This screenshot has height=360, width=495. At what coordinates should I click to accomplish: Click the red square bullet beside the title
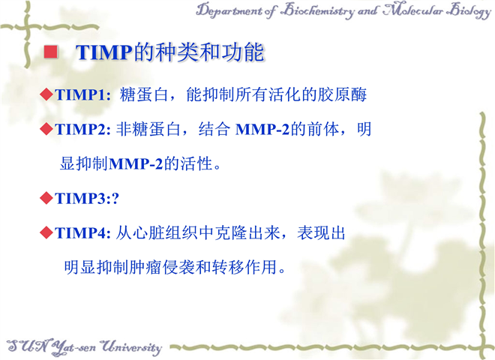50,52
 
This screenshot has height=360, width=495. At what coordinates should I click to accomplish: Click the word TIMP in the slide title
104,52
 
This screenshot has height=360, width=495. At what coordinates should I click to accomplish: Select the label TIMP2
80,130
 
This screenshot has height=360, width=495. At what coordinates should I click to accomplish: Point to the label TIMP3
80,199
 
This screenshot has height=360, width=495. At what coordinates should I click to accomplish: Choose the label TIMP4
80,233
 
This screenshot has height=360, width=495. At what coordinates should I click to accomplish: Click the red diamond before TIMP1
46,94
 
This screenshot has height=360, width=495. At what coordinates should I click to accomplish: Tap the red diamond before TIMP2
46,130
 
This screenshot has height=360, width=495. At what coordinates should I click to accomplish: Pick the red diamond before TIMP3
46,198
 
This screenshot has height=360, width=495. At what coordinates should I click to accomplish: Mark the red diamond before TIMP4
46,233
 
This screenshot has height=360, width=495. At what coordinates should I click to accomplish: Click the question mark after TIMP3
115,199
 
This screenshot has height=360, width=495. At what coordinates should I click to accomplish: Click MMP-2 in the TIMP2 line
262,130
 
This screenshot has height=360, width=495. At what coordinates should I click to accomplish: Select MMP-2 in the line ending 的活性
136,164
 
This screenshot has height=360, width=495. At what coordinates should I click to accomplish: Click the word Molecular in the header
413,10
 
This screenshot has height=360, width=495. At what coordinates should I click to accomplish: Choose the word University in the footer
132,347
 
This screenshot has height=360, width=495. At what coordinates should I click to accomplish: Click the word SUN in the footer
27,346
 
